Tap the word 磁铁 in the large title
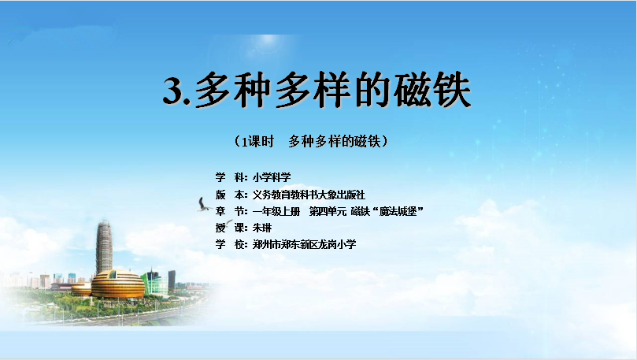click(x=432, y=90)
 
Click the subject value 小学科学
click(x=272, y=177)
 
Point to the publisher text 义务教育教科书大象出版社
click(x=309, y=195)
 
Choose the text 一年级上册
click(x=276, y=212)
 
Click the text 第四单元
click(x=328, y=212)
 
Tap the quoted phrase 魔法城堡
click(x=398, y=212)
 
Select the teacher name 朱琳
click(x=262, y=228)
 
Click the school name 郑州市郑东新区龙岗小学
click(x=304, y=244)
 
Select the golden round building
click(x=118, y=284)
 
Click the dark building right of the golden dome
click(x=172, y=280)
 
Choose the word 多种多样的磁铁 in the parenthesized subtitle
click(x=335, y=141)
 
